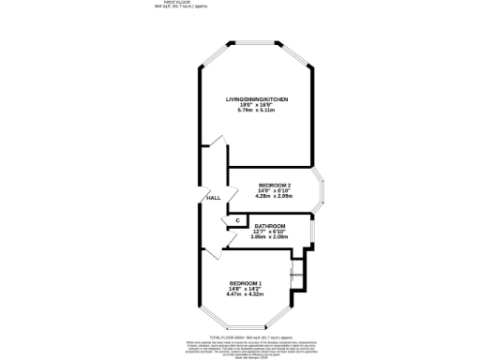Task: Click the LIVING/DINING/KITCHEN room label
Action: point(256,98)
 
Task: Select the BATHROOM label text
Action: point(269,226)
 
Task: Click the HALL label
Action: point(214,198)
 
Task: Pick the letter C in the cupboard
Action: point(237,220)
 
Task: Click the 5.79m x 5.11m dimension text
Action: point(256,110)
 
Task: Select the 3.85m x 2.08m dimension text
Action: point(269,237)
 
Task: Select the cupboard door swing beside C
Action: point(225,221)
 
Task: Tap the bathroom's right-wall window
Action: point(312,232)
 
